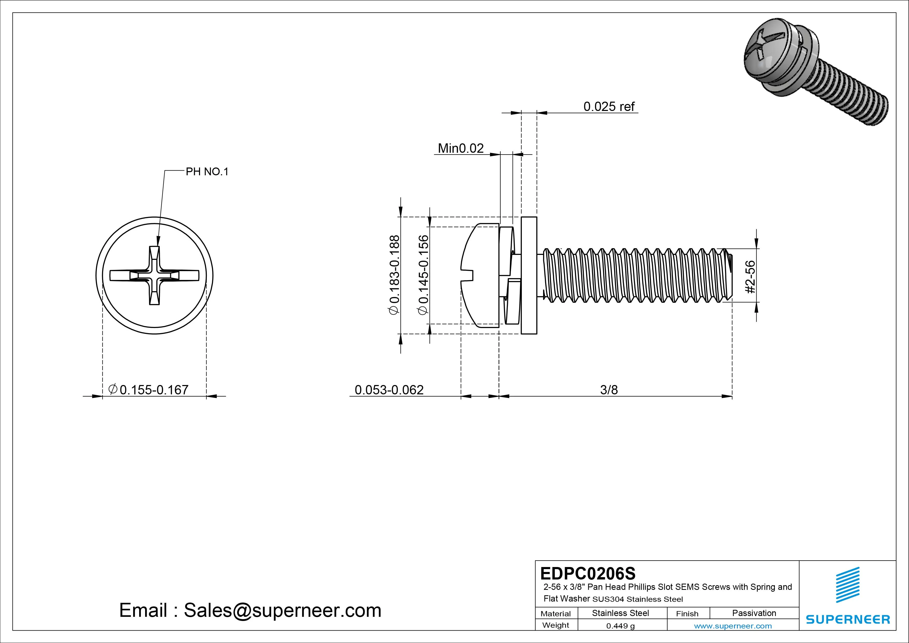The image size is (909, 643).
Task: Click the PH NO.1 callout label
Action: (207, 172)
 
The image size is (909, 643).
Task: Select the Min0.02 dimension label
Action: (460, 148)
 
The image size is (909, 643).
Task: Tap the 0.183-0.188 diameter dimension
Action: (395, 275)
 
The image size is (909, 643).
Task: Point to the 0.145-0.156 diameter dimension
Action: (423, 275)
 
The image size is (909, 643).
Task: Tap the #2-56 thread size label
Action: (750, 277)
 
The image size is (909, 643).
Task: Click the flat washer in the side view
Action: (529, 275)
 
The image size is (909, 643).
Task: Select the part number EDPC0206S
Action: (587, 573)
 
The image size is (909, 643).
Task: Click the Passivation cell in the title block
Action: (754, 613)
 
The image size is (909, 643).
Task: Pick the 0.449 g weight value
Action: (620, 626)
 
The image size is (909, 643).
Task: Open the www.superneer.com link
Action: (733, 626)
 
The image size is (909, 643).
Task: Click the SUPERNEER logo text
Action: (848, 619)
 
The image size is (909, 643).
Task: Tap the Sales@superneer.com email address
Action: (282, 610)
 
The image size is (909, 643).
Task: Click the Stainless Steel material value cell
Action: (620, 613)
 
